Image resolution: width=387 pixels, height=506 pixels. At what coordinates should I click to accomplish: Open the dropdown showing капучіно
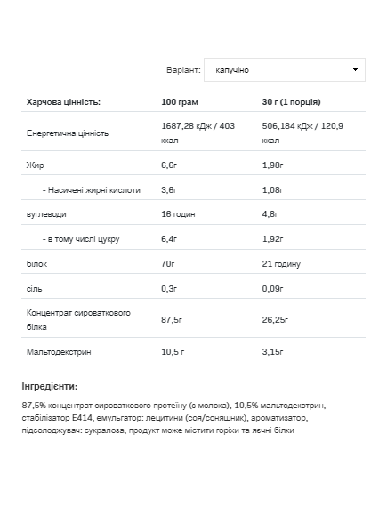click(284, 69)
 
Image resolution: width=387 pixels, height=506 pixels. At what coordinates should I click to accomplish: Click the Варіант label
click(182, 69)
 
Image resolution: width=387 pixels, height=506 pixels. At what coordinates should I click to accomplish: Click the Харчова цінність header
click(64, 102)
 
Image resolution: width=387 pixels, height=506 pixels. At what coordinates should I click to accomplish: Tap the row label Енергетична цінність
click(68, 133)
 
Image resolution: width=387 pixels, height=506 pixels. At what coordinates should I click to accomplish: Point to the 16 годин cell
click(179, 214)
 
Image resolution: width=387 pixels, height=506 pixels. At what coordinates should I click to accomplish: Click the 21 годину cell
click(281, 264)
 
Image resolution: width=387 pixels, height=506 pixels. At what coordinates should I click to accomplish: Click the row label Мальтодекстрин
click(59, 351)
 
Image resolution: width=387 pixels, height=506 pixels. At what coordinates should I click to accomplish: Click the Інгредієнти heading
click(50, 386)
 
